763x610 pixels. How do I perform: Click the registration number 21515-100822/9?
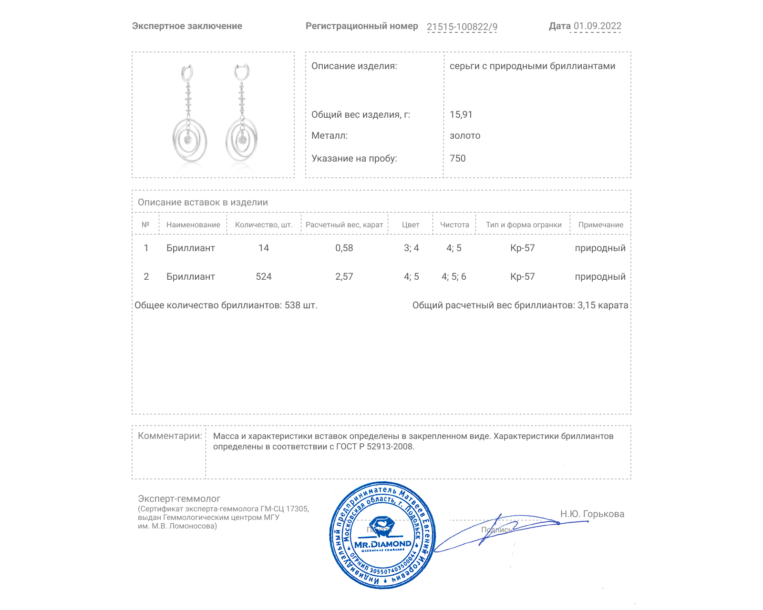point(462,27)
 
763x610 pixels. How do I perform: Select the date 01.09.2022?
point(597,26)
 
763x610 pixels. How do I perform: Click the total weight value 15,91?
point(461,115)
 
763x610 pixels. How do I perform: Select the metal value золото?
point(465,136)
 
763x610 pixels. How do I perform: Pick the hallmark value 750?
point(457,159)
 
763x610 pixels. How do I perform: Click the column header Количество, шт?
point(264,225)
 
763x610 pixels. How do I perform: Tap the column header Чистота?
point(454,225)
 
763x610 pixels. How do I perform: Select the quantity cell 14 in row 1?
point(264,248)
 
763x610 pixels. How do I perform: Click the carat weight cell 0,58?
point(344,248)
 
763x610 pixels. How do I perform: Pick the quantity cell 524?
point(264,277)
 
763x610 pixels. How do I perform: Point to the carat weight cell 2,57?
point(344,277)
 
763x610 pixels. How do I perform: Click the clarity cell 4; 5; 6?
point(454,277)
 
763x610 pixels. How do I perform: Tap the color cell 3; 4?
point(411,248)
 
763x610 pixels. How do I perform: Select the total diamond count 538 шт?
point(300,305)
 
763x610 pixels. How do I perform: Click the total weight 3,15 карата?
point(602,305)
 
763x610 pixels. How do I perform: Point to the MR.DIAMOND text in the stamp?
point(382,544)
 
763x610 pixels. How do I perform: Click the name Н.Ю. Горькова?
point(592,514)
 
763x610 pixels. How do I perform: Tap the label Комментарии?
point(170,436)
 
